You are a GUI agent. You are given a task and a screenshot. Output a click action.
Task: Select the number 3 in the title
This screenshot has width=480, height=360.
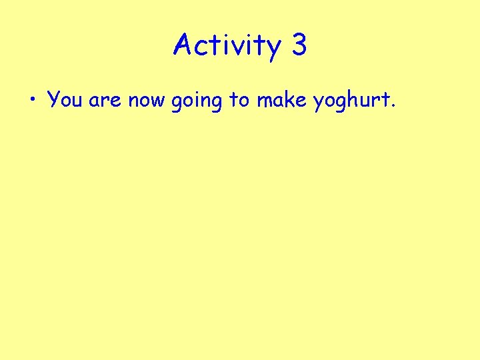(299, 45)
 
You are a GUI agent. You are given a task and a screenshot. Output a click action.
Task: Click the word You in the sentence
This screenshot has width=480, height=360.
(65, 100)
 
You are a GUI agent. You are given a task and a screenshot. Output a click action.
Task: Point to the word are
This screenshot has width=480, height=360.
(105, 101)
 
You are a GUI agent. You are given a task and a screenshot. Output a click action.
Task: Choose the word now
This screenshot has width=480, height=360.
(147, 101)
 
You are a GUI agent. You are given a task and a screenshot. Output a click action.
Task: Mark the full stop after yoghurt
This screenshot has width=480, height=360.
(394, 107)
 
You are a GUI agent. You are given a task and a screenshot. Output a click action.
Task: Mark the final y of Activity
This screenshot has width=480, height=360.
(274, 50)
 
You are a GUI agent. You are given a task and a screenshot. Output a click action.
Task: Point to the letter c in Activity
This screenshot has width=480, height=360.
(205, 48)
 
